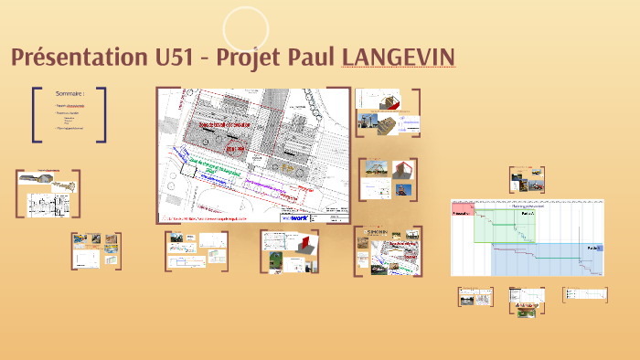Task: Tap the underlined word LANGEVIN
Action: pyautogui.click(x=398, y=58)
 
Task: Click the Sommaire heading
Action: pyautogui.click(x=69, y=93)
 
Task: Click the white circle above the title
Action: pyautogui.click(x=245, y=28)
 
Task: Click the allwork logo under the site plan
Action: pyautogui.click(x=294, y=219)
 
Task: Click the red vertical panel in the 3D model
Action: pyautogui.click(x=399, y=172)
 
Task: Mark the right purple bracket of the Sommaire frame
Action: pyautogui.click(x=102, y=114)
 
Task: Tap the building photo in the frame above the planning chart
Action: pyautogui.click(x=527, y=176)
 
